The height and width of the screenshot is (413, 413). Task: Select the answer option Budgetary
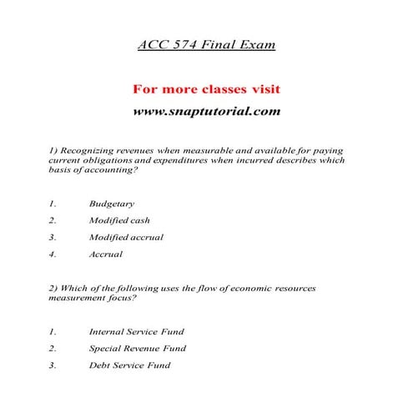[112, 203]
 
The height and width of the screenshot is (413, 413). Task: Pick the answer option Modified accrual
[126, 237]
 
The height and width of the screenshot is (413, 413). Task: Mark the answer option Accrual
[106, 254]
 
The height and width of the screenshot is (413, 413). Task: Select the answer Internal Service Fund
[136, 331]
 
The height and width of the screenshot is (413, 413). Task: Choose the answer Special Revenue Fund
[138, 348]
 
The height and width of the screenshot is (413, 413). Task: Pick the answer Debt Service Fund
[130, 365]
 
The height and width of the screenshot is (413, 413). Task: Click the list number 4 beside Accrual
[52, 254]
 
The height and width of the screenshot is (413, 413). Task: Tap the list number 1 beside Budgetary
[52, 203]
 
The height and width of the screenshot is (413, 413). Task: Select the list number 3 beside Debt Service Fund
[52, 365]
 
